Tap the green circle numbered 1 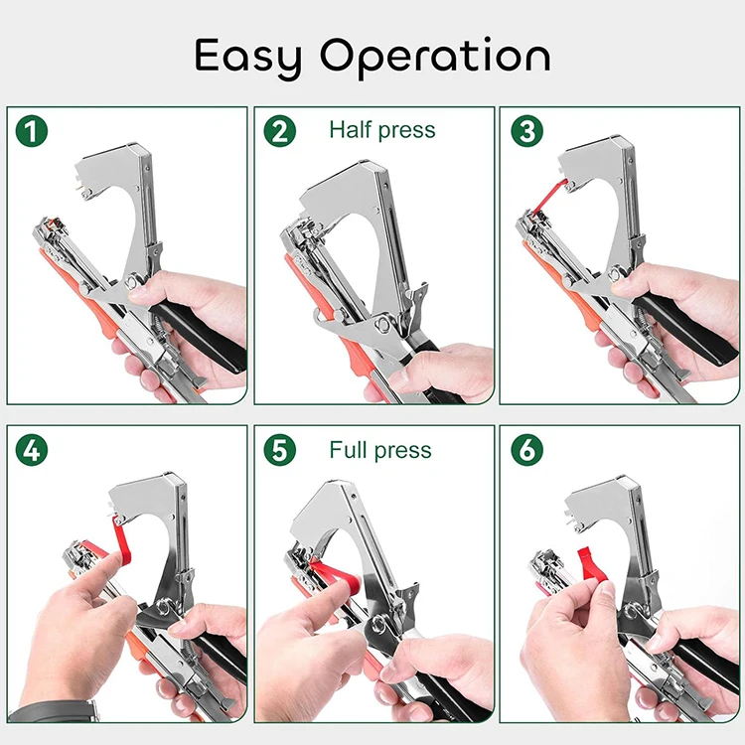32,131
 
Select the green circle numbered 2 279,131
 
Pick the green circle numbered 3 525,131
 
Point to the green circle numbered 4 32,450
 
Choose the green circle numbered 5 279,450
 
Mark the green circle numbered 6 525,450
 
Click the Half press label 381,130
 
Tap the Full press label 380,450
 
